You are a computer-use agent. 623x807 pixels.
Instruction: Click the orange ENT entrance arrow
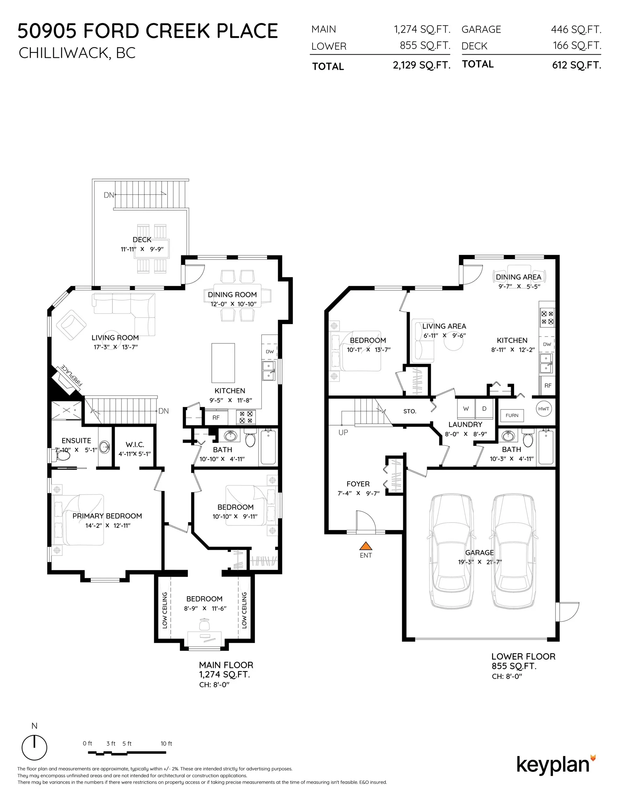point(365,546)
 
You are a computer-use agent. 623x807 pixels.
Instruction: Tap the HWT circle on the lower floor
point(543,409)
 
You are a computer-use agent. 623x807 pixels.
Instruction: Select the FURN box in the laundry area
point(511,415)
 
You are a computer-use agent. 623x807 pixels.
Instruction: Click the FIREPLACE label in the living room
point(71,375)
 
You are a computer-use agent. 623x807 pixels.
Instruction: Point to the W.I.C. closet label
point(135,444)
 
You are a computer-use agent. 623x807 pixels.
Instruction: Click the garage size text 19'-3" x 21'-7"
point(479,562)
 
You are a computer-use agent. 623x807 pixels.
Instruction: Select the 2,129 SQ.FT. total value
point(421,65)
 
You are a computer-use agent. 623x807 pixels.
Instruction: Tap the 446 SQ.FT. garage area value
point(576,29)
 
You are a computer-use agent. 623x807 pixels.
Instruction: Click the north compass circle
point(34,747)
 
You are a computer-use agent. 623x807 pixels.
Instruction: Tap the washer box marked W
point(466,409)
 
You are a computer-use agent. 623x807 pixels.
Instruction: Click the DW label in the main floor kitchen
point(269,351)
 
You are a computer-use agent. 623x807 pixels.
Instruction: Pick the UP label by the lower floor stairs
point(343,432)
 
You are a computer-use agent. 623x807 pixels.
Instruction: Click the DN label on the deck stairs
point(108,195)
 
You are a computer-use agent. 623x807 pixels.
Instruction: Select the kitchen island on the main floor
point(223,363)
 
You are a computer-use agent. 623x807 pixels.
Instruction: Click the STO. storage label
point(409,411)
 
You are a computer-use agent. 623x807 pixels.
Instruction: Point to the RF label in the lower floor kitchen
point(548,385)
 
